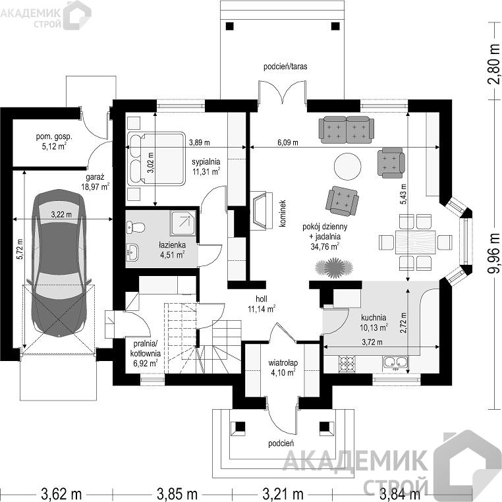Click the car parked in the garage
pos(59,262)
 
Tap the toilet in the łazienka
pos(136,227)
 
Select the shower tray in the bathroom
pos(182,223)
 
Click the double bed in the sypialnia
pos(156,159)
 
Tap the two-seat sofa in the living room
pos(347,129)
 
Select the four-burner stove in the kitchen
pos(347,364)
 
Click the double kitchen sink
pos(395,362)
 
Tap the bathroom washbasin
pos(132,251)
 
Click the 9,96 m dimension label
pos(493,254)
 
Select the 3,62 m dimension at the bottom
pos(61,493)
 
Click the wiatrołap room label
pos(283,363)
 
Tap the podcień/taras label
pos(285,67)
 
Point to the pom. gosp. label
pos(54,137)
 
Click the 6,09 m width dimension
pos(287,142)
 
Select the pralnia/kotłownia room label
pos(146,349)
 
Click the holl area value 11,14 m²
pos(262,309)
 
